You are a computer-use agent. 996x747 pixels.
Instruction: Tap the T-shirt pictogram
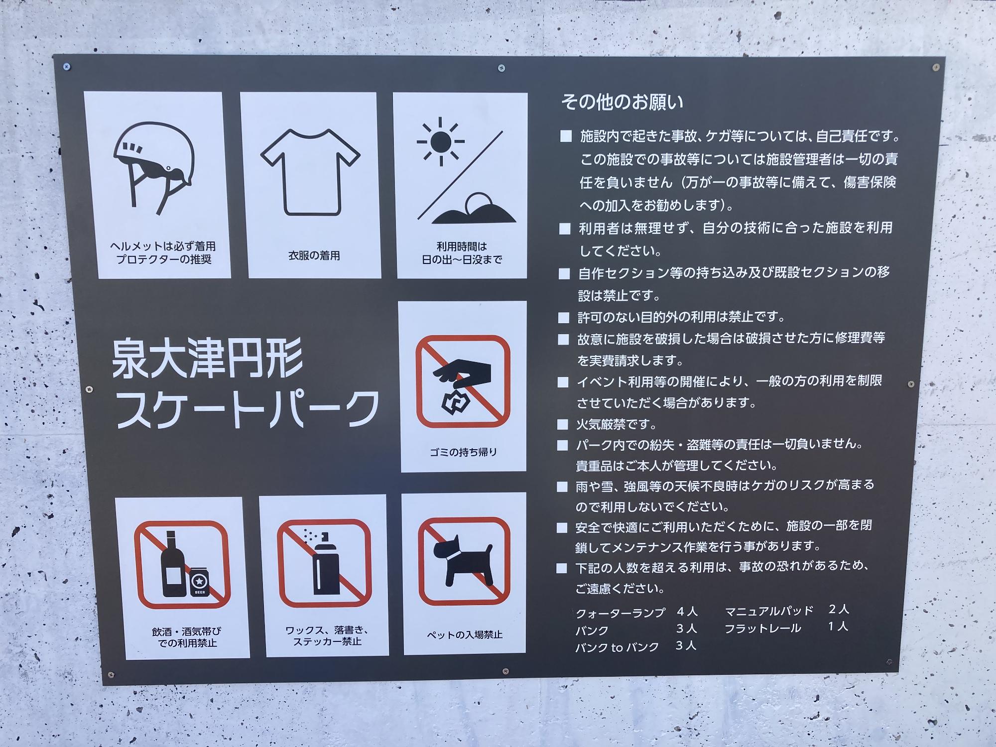pyautogui.click(x=310, y=172)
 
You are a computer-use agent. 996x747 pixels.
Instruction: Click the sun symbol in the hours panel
pyautogui.click(x=440, y=141)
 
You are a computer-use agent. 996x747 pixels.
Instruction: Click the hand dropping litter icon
pyautogui.click(x=461, y=383)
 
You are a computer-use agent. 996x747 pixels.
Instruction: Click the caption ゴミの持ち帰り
pyautogui.click(x=463, y=452)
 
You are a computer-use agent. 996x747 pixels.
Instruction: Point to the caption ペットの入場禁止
pyautogui.click(x=464, y=635)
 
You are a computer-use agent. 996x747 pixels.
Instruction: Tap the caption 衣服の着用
pyautogui.click(x=314, y=255)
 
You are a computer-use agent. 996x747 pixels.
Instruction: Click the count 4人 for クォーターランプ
pyautogui.click(x=687, y=612)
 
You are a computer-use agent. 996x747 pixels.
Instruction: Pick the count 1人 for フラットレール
pyautogui.click(x=838, y=626)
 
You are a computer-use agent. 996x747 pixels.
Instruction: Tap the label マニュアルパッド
pyautogui.click(x=769, y=611)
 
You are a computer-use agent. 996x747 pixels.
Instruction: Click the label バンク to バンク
pyautogui.click(x=617, y=647)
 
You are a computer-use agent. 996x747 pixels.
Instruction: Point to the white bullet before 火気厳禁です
pyautogui.click(x=563, y=424)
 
